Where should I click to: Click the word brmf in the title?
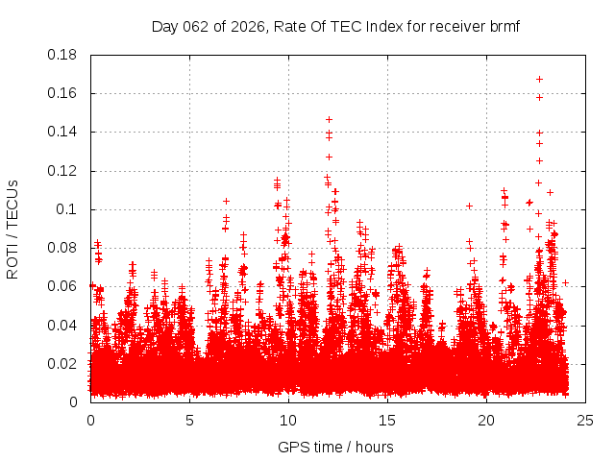(x=502, y=26)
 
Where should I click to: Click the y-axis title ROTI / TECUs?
(x=12, y=229)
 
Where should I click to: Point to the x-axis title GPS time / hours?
(x=335, y=447)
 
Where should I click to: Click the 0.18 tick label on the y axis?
(x=65, y=55)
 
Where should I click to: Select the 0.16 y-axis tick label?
(x=65, y=93)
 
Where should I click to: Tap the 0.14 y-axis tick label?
(x=65, y=132)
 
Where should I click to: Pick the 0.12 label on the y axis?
(x=65, y=171)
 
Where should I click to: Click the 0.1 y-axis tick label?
(x=69, y=209)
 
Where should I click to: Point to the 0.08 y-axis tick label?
(x=65, y=248)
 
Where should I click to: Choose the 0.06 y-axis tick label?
(x=65, y=286)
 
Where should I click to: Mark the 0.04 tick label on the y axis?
(x=65, y=325)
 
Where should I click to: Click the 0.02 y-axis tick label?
(x=65, y=364)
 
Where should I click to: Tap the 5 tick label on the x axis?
(x=189, y=420)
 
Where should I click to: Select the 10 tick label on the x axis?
(x=288, y=420)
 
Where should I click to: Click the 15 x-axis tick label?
(x=387, y=420)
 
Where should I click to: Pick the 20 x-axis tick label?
(x=486, y=420)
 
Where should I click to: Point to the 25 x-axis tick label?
(x=585, y=420)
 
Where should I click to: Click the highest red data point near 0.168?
(x=539, y=79)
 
